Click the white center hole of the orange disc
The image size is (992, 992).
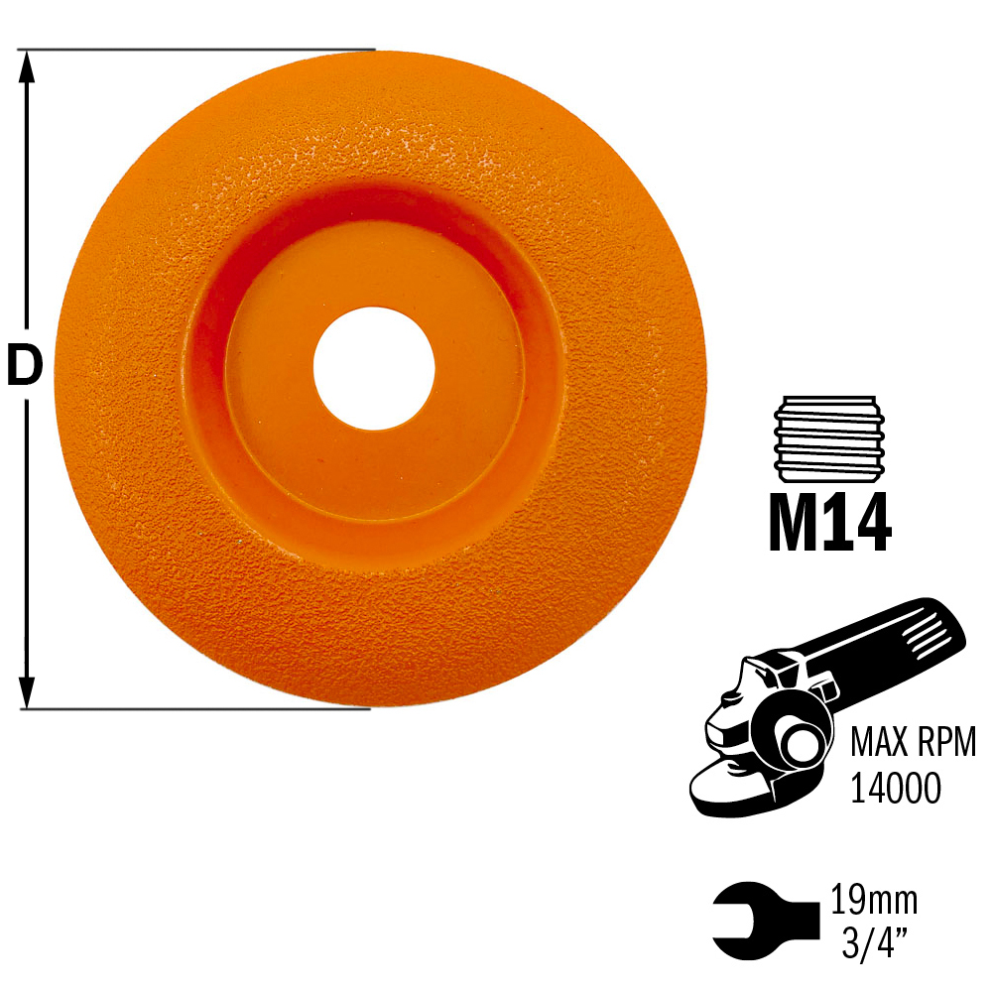click(374, 368)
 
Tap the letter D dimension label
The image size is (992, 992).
click(25, 366)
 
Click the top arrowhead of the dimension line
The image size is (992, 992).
click(26, 66)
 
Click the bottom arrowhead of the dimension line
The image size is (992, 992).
click(26, 692)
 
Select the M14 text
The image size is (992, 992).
click(830, 523)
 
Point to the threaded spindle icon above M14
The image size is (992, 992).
click(828, 438)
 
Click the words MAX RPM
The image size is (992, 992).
click(913, 742)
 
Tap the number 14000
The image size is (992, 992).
click(895, 789)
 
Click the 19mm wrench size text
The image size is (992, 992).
click(873, 901)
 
